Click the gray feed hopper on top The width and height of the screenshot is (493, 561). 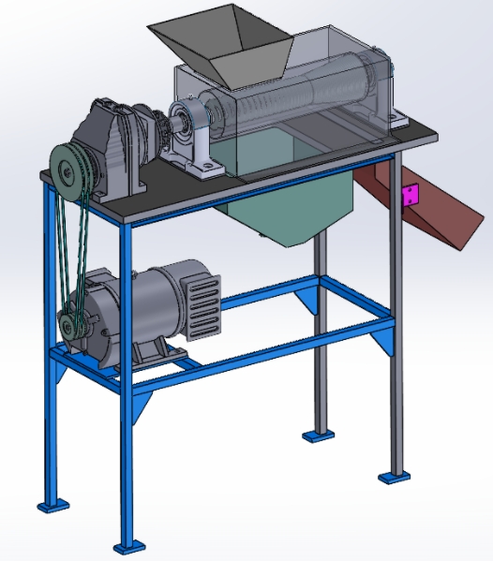(225, 47)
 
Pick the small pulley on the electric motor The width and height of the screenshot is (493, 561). (70, 325)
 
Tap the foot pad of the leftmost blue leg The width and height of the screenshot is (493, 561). (53, 506)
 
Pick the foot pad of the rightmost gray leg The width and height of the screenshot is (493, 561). (395, 477)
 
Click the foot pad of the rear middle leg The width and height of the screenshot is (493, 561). (316, 436)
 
